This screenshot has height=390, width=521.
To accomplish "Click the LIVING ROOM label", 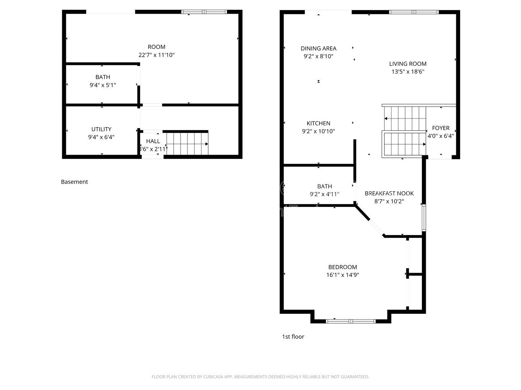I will click(408, 64).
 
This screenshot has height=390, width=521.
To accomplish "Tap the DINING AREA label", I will click(318, 48).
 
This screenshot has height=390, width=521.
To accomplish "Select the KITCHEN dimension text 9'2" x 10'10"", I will click(318, 131).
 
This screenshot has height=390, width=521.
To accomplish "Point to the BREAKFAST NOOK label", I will click(389, 194).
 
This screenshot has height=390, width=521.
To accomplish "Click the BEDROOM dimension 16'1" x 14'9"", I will click(342, 275).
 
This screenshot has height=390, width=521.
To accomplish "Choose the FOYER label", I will click(441, 128).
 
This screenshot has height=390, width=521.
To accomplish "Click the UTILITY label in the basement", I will click(101, 129).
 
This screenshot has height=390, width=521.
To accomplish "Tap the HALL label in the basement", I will click(153, 141).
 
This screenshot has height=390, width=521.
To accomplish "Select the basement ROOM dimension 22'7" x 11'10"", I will click(156, 55).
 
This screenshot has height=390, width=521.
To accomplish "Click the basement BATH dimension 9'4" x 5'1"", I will click(103, 85).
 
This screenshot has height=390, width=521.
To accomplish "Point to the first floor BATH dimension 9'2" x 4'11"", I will click(325, 194).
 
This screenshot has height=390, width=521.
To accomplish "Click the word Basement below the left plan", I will click(74, 182).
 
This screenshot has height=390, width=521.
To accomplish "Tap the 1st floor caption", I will click(293, 337).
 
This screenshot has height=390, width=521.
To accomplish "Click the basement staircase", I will click(187, 144).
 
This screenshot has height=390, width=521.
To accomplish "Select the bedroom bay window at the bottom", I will click(351, 321).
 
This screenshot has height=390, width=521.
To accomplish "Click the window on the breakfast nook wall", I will click(424, 217).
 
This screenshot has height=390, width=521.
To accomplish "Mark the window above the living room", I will click(414, 12).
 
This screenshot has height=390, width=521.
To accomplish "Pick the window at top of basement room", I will click(204, 12).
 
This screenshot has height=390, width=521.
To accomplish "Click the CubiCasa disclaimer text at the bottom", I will click(260, 377).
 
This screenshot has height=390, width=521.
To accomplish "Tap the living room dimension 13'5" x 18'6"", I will click(408, 72).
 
